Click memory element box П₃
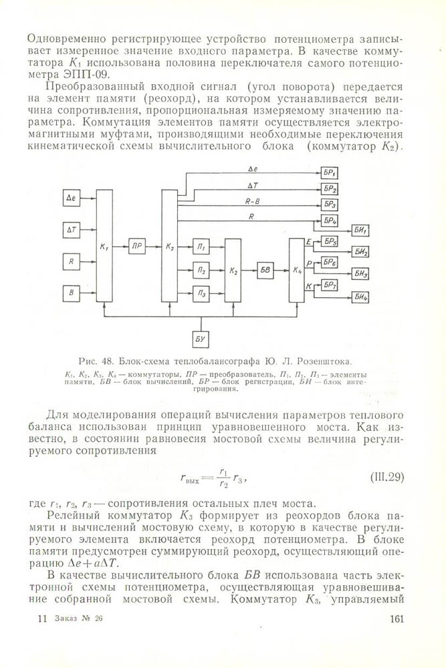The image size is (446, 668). click(x=201, y=292)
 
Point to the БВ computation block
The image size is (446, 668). click(x=265, y=270)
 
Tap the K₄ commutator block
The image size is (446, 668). click(x=297, y=270)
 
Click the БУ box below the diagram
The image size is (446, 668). click(x=201, y=339)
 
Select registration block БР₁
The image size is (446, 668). click(x=330, y=172)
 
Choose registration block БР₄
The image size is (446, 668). click(x=330, y=220)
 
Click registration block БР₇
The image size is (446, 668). click(x=330, y=286)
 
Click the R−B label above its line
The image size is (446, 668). click(x=253, y=200)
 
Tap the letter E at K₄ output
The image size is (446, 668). click(x=308, y=240)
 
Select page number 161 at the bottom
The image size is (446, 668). click(x=397, y=619)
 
